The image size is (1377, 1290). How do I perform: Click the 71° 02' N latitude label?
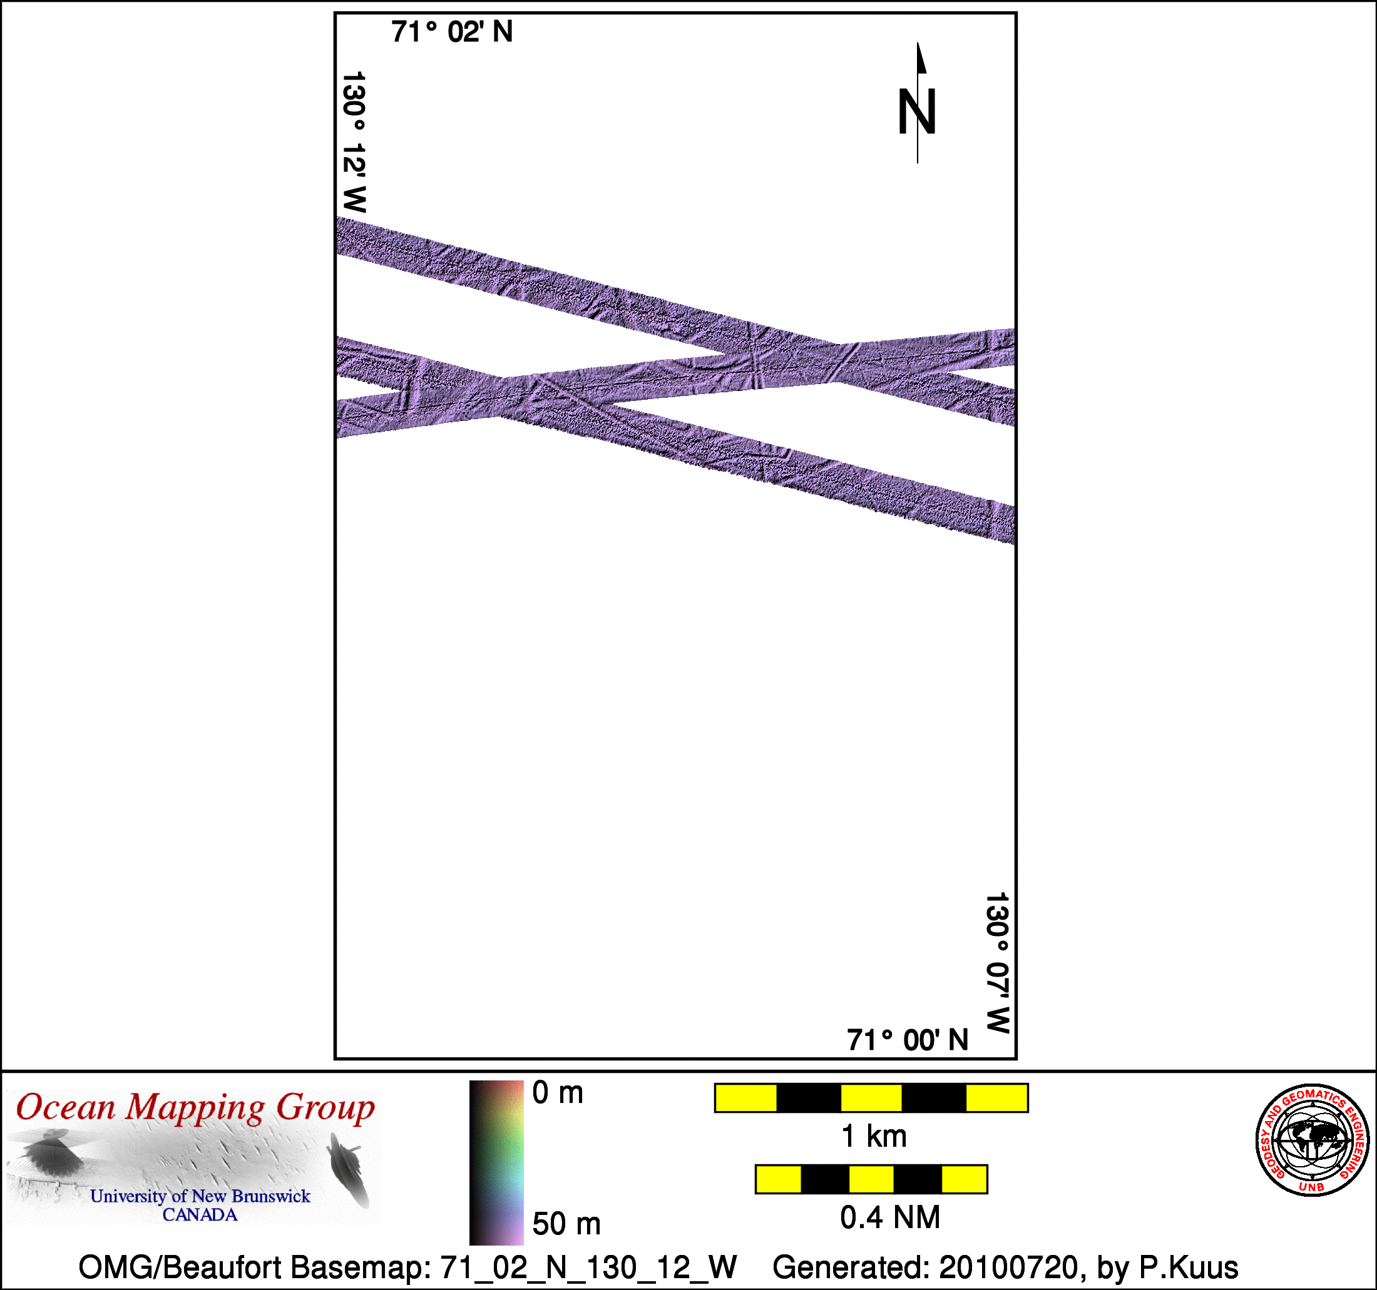[452, 32]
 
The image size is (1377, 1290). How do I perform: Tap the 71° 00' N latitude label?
[908, 1040]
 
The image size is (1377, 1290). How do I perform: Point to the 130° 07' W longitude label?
[998, 962]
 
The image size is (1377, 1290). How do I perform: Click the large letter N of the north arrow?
[917, 111]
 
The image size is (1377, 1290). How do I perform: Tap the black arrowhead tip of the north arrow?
[918, 43]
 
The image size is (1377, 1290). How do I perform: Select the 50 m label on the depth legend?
[566, 1224]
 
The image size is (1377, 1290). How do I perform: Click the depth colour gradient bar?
[496, 1162]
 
